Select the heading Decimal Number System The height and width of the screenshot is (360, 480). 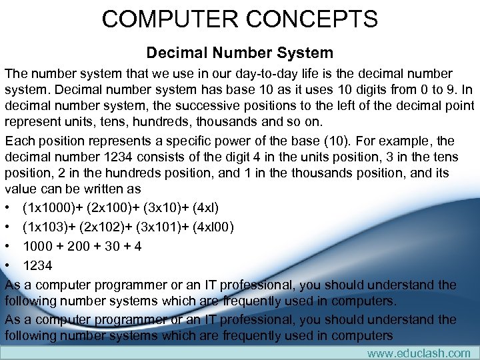click(x=239, y=52)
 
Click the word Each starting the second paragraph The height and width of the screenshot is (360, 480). click(x=19, y=141)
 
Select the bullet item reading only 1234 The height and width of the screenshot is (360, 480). click(x=37, y=265)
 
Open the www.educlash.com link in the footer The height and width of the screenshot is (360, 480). click(x=419, y=353)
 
